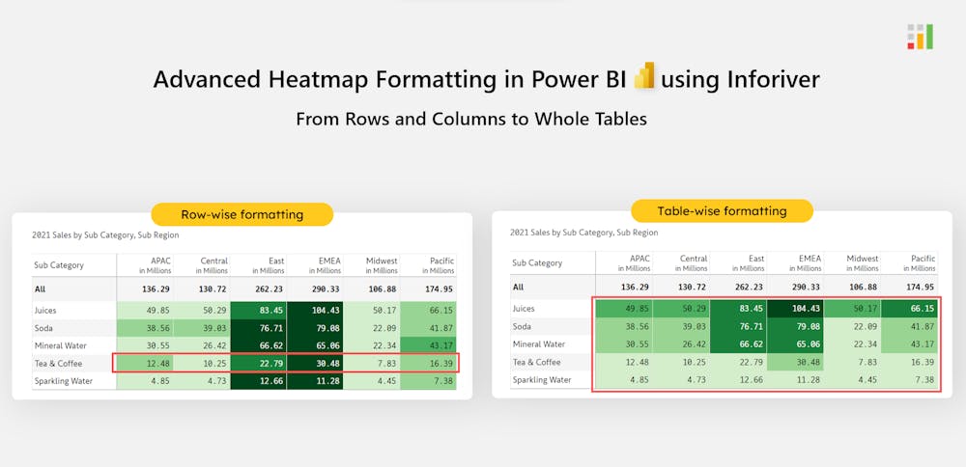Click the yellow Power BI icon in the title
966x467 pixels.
pyautogui.click(x=644, y=76)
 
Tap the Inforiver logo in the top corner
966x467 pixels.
pyautogui.click(x=920, y=36)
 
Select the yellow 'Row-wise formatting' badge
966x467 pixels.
pyautogui.click(x=242, y=214)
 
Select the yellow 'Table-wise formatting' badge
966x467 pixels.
pyautogui.click(x=722, y=210)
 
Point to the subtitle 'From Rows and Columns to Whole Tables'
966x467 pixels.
pyautogui.click(x=471, y=120)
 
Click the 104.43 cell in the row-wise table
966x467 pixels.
pyautogui.click(x=314, y=310)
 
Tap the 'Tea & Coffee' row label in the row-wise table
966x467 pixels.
pyautogui.click(x=59, y=363)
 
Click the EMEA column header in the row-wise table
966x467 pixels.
pyautogui.click(x=314, y=264)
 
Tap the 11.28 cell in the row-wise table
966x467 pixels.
pyautogui.click(x=314, y=380)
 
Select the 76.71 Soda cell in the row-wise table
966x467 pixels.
pyautogui.click(x=257, y=328)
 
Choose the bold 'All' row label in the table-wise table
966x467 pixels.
pyautogui.click(x=518, y=287)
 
